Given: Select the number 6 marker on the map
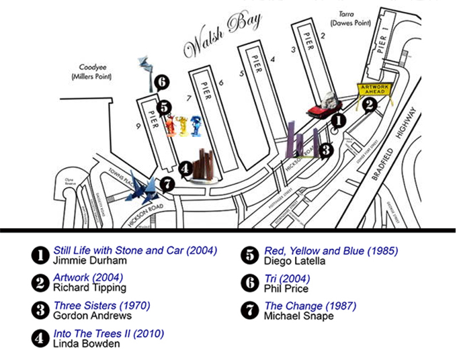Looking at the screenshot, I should click(161, 83).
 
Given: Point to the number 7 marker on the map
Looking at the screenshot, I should click(167, 183).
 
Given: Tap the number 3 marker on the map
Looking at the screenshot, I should click(326, 150).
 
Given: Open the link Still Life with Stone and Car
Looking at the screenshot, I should click(135, 251).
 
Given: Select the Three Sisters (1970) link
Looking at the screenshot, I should click(101, 306).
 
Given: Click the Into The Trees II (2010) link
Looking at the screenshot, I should click(108, 333).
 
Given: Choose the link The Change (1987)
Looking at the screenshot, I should click(310, 306).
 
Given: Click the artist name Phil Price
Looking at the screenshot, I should click(286, 289).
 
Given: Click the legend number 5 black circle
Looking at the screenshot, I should click(249, 255).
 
